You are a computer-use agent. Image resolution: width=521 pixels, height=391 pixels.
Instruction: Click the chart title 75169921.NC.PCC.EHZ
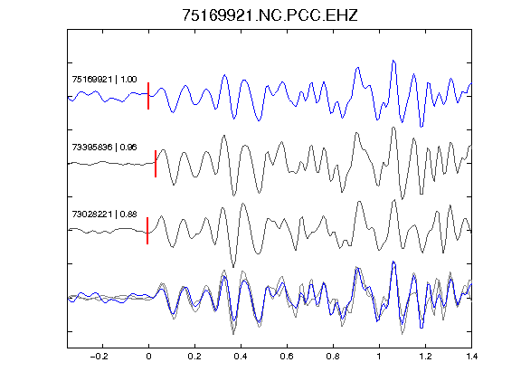pyautogui.click(x=270, y=15)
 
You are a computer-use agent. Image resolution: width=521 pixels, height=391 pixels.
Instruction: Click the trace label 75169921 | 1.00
pyautogui.click(x=104, y=80)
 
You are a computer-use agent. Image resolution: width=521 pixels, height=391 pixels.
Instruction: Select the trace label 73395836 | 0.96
pyautogui.click(x=104, y=147)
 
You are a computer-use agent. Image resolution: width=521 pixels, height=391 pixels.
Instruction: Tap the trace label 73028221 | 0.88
pyautogui.click(x=104, y=215)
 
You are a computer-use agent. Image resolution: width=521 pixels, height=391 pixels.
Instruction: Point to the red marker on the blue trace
pyautogui.click(x=148, y=96)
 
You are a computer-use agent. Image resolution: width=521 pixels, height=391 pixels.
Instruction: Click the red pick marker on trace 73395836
pyautogui.click(x=156, y=164)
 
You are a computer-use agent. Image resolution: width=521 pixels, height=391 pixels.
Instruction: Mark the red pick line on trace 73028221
pyautogui.click(x=147, y=231)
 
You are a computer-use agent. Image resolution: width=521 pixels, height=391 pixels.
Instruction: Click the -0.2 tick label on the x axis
pyautogui.click(x=99, y=357)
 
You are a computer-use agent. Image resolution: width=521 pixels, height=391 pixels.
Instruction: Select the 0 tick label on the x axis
pyautogui.click(x=148, y=357)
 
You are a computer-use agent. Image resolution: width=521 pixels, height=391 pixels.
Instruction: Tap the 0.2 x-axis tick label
pyautogui.click(x=194, y=357)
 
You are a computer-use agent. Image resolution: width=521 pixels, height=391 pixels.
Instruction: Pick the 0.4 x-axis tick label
pyautogui.click(x=241, y=357)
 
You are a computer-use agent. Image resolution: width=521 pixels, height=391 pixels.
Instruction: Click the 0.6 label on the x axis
pyautogui.click(x=287, y=357)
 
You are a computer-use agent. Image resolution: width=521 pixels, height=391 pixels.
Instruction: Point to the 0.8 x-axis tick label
pyautogui.click(x=333, y=357)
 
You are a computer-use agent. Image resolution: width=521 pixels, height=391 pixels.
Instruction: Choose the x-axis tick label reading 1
pyautogui.click(x=379, y=357)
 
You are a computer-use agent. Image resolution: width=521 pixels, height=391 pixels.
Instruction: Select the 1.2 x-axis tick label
pyautogui.click(x=425, y=357)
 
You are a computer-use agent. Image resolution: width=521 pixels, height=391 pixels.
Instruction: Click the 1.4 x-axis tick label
pyautogui.click(x=471, y=357)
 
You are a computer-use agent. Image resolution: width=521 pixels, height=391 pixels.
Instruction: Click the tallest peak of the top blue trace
pyautogui.click(x=393, y=61)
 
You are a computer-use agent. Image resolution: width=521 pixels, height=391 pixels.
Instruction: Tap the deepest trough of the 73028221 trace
pyautogui.click(x=233, y=267)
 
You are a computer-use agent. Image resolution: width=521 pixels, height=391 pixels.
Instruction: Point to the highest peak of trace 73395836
pyautogui.click(x=393, y=128)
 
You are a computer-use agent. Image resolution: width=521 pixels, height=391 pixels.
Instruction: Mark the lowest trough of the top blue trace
pyautogui.click(x=422, y=127)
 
